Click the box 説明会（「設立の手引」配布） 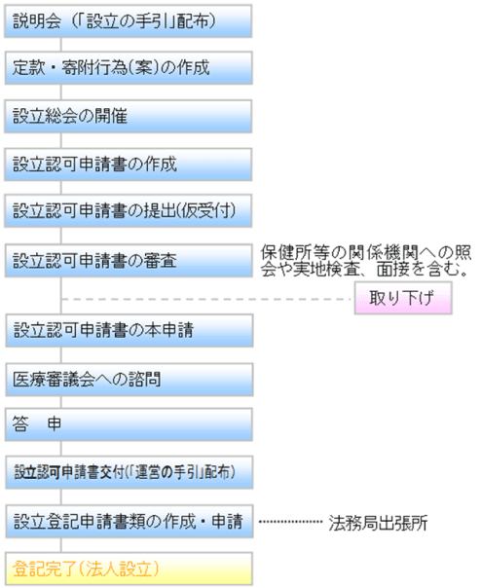pos(128,21)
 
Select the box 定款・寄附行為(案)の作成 pos(129,68)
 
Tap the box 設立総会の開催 pos(128,116)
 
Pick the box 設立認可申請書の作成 pos(128,165)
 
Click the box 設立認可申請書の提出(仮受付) pos(128,210)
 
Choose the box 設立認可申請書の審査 pos(129,261)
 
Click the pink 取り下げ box pos(403,298)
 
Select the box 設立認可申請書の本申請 pos(129,330)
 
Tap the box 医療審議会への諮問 pos(129,380)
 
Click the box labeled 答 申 pos(129,424)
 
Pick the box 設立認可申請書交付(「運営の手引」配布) pos(129,472)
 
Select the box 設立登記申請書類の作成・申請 pos(129,521)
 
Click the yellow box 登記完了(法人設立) pos(129,569)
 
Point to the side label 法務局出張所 pos(378,523)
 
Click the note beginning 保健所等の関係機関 pos(366,261)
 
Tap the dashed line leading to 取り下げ pos(205,299)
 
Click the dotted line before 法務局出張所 pos(290,521)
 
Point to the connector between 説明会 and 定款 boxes pos(60,45)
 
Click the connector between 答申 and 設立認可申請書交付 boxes pos(60,448)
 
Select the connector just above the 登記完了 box pos(60,545)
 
